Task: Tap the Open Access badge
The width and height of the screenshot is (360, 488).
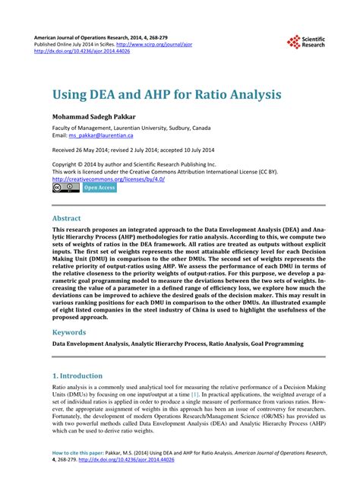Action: click(99, 187)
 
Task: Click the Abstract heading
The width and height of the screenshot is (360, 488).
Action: click(71, 217)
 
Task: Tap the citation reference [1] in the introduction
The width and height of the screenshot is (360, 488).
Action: click(194, 395)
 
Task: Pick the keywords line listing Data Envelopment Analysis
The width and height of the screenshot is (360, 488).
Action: click(177, 344)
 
